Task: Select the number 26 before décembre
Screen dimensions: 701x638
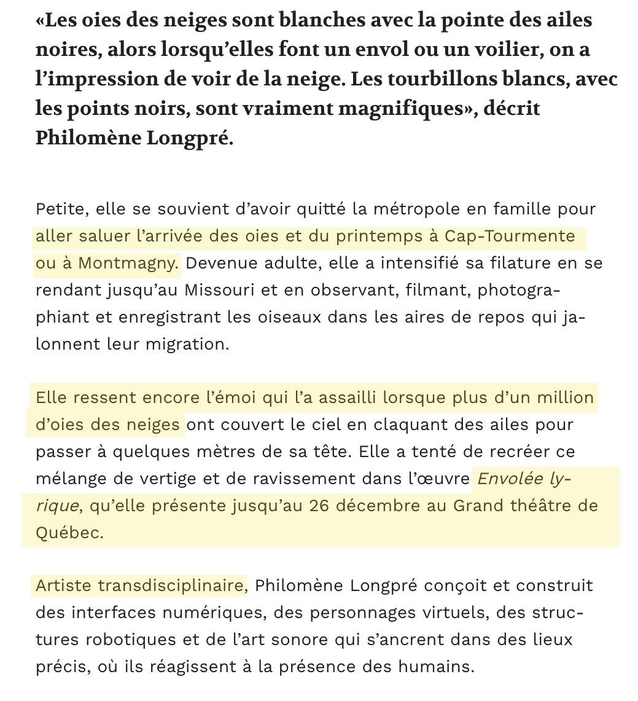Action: [322, 506]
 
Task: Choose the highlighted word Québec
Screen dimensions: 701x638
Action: [69, 533]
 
